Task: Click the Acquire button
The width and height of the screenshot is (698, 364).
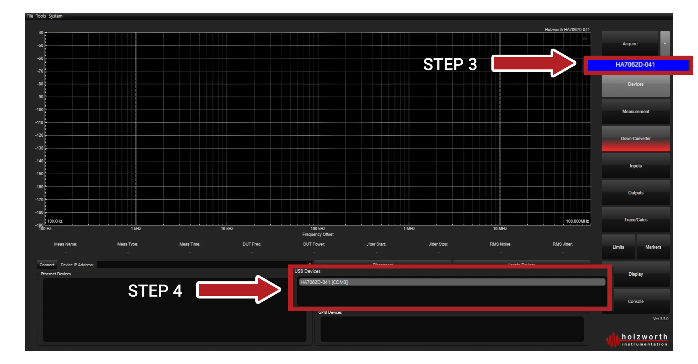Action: coord(630,44)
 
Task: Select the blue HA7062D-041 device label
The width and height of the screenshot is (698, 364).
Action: coord(635,65)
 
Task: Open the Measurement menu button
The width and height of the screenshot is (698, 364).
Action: coord(636,112)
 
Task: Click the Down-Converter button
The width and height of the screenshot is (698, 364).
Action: coord(636,139)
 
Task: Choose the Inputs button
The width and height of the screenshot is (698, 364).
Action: coord(636,166)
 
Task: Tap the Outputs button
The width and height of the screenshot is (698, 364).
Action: coord(636,193)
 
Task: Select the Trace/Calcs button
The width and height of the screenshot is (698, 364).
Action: coord(636,220)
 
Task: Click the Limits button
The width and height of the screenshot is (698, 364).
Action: coord(618,247)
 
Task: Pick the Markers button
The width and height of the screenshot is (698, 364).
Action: coord(653,247)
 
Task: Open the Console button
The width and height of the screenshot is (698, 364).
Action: coord(636,301)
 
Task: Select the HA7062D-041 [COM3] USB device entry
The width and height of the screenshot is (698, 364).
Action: coord(451,282)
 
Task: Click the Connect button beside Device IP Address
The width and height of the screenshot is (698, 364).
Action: coord(47,265)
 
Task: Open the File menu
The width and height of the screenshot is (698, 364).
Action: coord(30,16)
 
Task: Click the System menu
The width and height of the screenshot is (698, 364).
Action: coord(55,16)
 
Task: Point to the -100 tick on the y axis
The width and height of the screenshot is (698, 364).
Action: coord(40,110)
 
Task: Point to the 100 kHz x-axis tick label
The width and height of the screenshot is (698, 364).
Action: coord(318,229)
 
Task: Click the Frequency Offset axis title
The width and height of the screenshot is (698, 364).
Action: coord(318,235)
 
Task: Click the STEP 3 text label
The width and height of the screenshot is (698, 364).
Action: coord(450,64)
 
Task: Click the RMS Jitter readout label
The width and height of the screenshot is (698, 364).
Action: coord(562,244)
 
